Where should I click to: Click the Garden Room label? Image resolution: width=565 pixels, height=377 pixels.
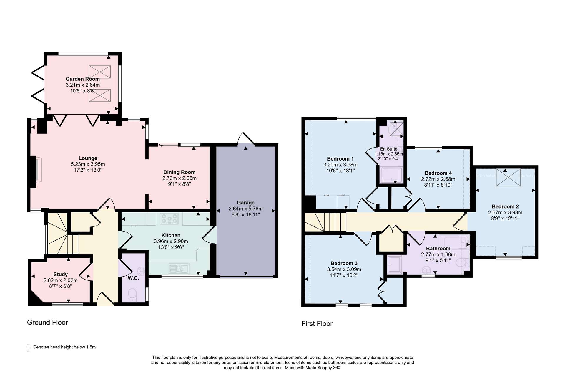tap(83, 79)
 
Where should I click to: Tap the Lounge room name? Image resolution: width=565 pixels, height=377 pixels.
tap(88, 158)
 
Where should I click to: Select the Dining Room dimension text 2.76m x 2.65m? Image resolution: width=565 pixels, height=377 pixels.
tap(180, 178)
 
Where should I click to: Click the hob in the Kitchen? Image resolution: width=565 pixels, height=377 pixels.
tap(169, 219)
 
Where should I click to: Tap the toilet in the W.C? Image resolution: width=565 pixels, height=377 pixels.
tap(132, 295)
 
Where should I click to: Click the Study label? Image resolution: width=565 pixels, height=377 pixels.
tap(61, 274)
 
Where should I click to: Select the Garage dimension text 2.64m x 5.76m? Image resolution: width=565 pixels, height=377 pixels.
tap(246, 209)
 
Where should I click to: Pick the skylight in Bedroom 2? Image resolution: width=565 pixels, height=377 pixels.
tap(508, 177)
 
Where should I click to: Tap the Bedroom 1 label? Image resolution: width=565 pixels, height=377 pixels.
tap(340, 159)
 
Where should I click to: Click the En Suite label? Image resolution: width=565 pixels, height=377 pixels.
tap(389, 149)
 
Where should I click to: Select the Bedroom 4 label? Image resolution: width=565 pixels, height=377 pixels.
tap(438, 173)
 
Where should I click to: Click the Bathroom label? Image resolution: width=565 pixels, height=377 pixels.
tap(438, 249)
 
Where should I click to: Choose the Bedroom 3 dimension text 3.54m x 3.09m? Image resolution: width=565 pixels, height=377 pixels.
tap(344, 269)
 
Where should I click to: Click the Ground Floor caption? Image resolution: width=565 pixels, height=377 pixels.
tap(47, 323)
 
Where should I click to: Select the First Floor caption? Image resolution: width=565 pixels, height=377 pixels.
tap(317, 324)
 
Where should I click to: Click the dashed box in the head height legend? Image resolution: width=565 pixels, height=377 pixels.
tap(29, 348)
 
